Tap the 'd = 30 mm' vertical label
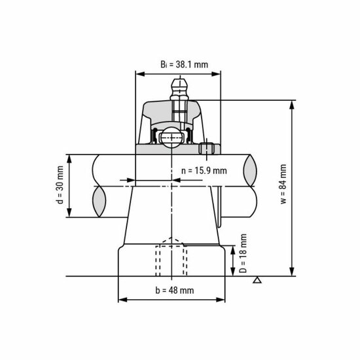click(x=60, y=186)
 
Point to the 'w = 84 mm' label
click(x=283, y=185)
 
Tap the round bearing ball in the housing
click(x=172, y=137)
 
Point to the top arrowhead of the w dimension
click(x=292, y=103)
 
